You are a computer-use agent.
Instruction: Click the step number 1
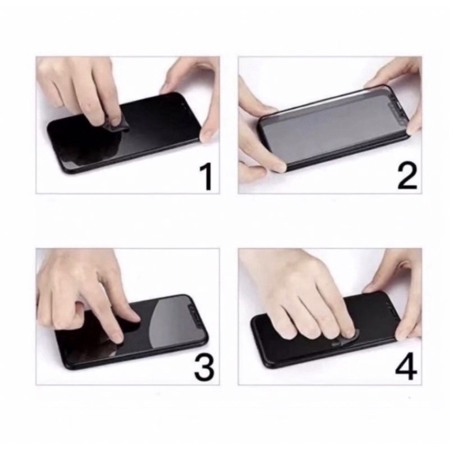pyautogui.click(x=207, y=176)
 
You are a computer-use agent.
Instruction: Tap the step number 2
pyautogui.click(x=407, y=177)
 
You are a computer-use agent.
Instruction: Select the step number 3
pyautogui.click(x=204, y=368)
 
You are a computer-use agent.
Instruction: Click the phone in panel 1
pyautogui.click(x=123, y=133)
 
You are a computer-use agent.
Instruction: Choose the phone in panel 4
pyautogui.click(x=327, y=329)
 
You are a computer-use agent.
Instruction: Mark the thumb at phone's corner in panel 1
pyautogui.click(x=207, y=134)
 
